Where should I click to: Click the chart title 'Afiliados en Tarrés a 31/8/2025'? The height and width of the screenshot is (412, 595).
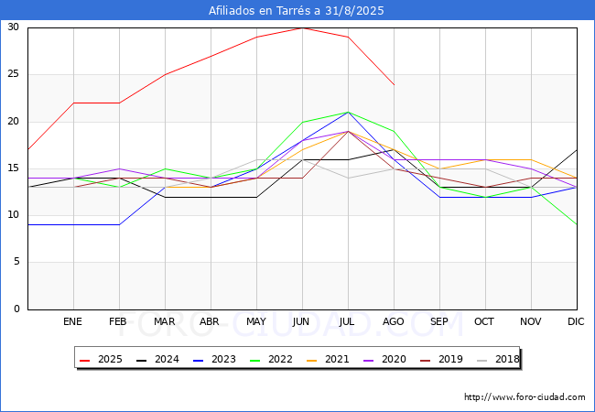[x=296, y=11]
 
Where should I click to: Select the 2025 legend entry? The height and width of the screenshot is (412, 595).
[x=101, y=359]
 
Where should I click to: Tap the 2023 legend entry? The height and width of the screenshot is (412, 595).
[x=214, y=359]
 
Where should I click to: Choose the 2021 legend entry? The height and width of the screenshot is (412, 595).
[x=328, y=359]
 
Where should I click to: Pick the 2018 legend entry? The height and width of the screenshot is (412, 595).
[x=498, y=359]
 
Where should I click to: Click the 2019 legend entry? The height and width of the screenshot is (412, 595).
[x=441, y=359]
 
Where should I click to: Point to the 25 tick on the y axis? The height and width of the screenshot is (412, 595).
[x=13, y=73]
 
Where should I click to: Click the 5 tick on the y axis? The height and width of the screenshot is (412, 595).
[x=16, y=262]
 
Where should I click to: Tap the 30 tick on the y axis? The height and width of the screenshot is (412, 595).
[x=13, y=27]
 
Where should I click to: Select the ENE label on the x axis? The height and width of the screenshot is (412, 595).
[x=72, y=321]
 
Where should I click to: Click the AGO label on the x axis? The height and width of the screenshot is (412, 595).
[x=393, y=321]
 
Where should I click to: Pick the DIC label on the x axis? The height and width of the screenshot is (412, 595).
[x=576, y=321]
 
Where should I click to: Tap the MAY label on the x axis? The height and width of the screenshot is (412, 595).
[x=256, y=321]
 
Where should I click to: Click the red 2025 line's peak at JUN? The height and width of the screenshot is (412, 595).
[x=302, y=27]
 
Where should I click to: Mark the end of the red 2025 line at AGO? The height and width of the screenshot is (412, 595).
[x=395, y=84]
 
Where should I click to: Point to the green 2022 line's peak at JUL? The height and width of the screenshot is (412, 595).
[x=349, y=113]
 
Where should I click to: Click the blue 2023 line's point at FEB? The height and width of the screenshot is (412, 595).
[x=120, y=224]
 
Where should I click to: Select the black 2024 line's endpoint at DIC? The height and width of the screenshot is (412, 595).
[x=577, y=150]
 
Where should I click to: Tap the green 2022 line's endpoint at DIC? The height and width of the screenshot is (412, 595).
[x=577, y=224]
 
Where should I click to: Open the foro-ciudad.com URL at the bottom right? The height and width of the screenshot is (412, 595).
[x=525, y=396]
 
